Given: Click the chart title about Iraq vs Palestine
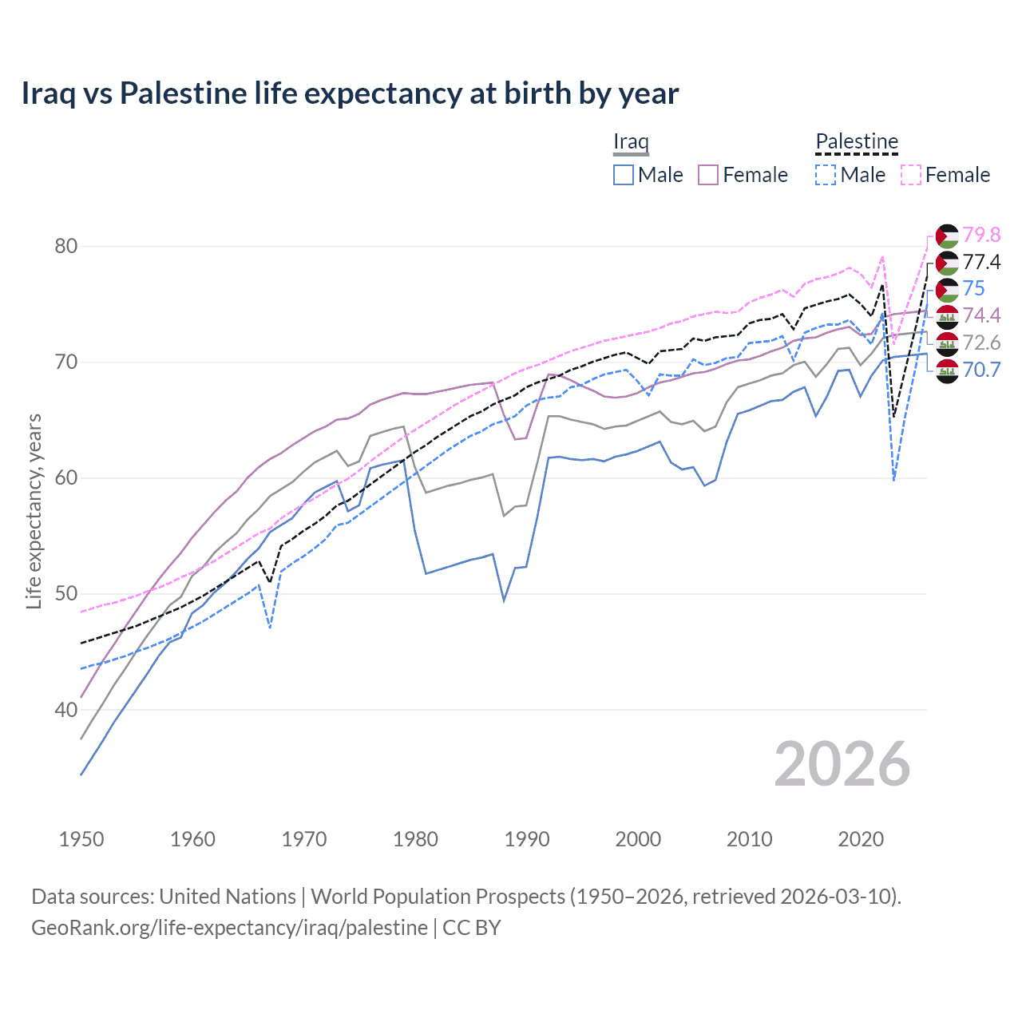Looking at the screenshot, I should pyautogui.click(x=350, y=93).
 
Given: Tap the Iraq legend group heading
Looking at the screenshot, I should pyautogui.click(x=631, y=142).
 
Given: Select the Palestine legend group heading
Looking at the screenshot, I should pyautogui.click(x=857, y=142).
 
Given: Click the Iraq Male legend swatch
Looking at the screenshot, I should pyautogui.click(x=624, y=175).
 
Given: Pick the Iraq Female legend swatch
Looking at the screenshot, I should pyautogui.click(x=708, y=175).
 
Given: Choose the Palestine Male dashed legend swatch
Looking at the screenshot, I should pyautogui.click(x=826, y=175).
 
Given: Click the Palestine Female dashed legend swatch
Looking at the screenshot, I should pyautogui.click(x=911, y=175).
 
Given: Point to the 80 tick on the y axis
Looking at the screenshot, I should pyautogui.click(x=66, y=246).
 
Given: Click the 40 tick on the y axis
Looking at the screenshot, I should pyautogui.click(x=66, y=710).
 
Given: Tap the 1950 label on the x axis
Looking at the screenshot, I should pyautogui.click(x=81, y=839).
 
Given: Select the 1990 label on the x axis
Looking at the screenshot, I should pyautogui.click(x=527, y=839).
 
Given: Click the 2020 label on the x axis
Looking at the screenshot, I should pyautogui.click(x=861, y=839).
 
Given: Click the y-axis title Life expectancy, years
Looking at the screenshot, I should pyautogui.click(x=34, y=511).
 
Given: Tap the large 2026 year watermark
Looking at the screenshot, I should pyautogui.click(x=842, y=764).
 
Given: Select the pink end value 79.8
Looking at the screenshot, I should pyautogui.click(x=981, y=235).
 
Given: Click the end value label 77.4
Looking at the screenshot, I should pyautogui.click(x=981, y=262).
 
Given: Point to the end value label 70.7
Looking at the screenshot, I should pyautogui.click(x=981, y=370).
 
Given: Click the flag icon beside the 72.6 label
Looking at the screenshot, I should pyautogui.click(x=947, y=343).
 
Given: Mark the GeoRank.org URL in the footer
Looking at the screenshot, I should pyautogui.click(x=230, y=928).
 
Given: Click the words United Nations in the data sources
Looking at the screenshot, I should pyautogui.click(x=228, y=897).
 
